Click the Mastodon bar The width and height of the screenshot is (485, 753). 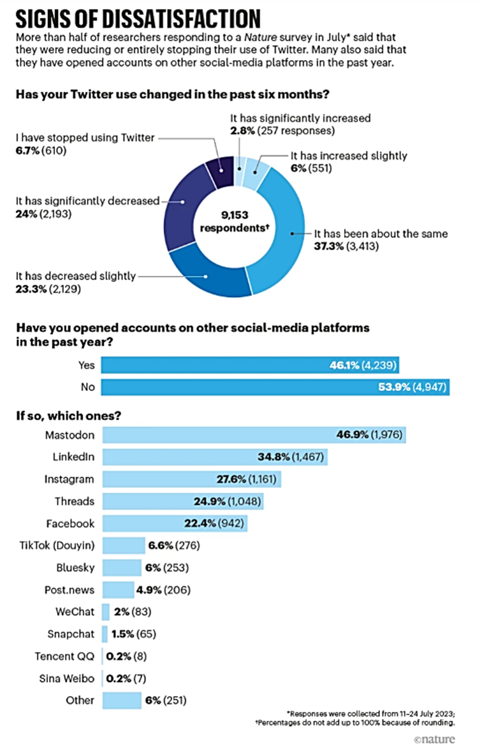tap(254, 435)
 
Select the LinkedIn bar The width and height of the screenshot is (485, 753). tap(214, 457)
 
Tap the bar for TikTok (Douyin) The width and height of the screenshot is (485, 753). tap(124, 545)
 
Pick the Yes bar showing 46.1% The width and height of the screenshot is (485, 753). tap(250, 365)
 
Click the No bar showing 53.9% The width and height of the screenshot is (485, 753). tap(275, 387)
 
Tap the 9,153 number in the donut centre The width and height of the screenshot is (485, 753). tap(234, 215)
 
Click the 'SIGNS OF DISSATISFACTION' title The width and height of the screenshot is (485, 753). tap(138, 19)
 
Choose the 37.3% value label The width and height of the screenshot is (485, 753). tap(329, 246)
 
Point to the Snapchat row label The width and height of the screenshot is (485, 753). tap(71, 634)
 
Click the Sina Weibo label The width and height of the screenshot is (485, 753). tap(67, 678)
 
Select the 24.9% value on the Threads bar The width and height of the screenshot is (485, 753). tap(210, 501)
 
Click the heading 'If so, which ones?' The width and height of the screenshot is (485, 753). tap(68, 416)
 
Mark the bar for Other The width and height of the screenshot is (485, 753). tap(122, 700)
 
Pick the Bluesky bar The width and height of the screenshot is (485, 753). tap(122, 567)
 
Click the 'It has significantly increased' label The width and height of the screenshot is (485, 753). tap(300, 118)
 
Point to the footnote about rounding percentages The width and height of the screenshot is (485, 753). tap(355, 723)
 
